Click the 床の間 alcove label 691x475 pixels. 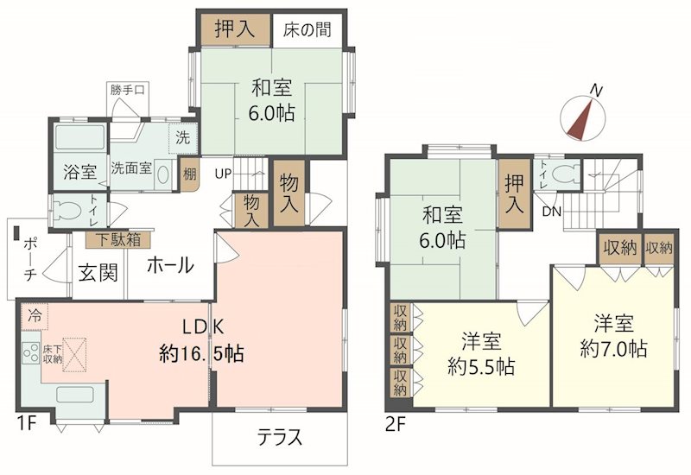point(307,30)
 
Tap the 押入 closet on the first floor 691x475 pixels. point(236,29)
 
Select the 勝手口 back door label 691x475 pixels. point(127,91)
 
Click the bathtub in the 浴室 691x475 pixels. point(80,136)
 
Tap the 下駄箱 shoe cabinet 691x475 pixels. point(119,240)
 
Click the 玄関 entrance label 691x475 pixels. point(98,273)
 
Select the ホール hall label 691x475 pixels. point(170,265)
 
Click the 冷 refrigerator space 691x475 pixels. point(35,316)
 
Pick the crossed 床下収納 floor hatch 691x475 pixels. point(74,355)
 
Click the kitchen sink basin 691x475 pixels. point(74,395)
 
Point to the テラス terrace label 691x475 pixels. point(280,437)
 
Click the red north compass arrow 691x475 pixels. point(580,119)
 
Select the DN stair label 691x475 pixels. point(552,212)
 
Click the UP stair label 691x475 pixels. point(223,174)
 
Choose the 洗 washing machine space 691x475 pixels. point(183,138)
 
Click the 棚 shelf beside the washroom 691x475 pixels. point(189,174)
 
